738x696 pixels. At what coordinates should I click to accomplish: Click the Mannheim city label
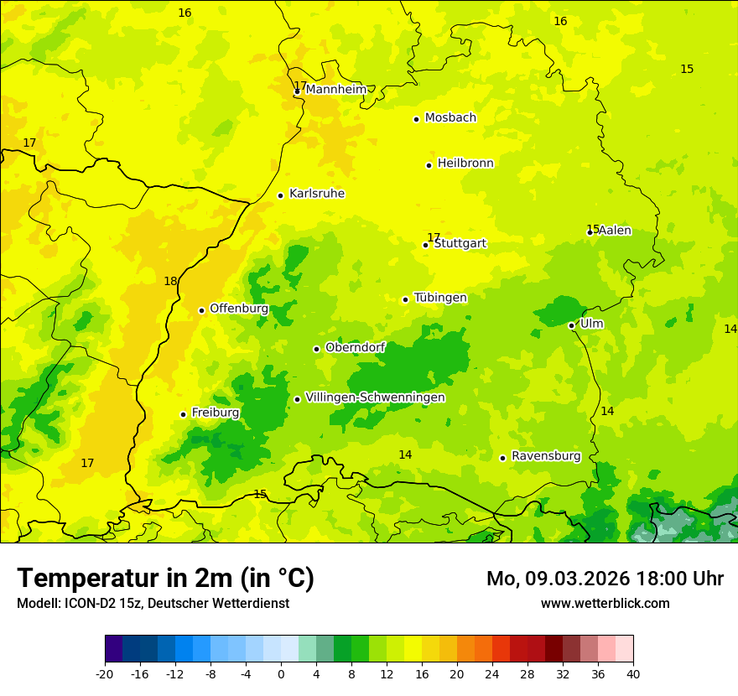[x=335, y=90]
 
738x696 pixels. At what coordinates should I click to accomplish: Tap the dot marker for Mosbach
[x=416, y=119]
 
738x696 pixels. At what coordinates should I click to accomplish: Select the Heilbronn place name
[x=465, y=164]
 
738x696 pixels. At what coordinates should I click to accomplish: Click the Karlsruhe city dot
[x=280, y=195]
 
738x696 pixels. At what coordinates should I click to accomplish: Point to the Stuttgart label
[x=460, y=244]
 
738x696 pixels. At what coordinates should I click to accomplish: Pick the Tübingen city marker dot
[x=405, y=299]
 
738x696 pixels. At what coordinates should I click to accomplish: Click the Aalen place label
[x=615, y=231]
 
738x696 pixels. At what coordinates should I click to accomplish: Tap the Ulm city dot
[x=571, y=325]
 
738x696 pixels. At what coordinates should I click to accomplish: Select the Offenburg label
[x=239, y=309]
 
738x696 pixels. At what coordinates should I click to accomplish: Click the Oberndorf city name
[x=355, y=347]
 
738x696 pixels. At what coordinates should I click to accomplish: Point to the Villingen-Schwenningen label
[x=375, y=397]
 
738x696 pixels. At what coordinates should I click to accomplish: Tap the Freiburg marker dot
[x=183, y=414]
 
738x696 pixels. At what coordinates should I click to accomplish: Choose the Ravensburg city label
[x=546, y=456]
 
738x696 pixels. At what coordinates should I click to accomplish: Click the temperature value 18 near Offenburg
[x=170, y=282]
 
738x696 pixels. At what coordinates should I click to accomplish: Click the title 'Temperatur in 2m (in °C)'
[x=165, y=578]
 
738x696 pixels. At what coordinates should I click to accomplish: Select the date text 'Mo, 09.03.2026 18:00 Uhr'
[x=605, y=579]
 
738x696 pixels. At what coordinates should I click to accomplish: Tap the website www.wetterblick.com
[x=605, y=603]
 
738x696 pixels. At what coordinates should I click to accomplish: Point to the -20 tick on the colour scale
[x=105, y=674]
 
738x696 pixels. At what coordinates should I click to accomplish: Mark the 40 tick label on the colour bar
[x=632, y=674]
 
